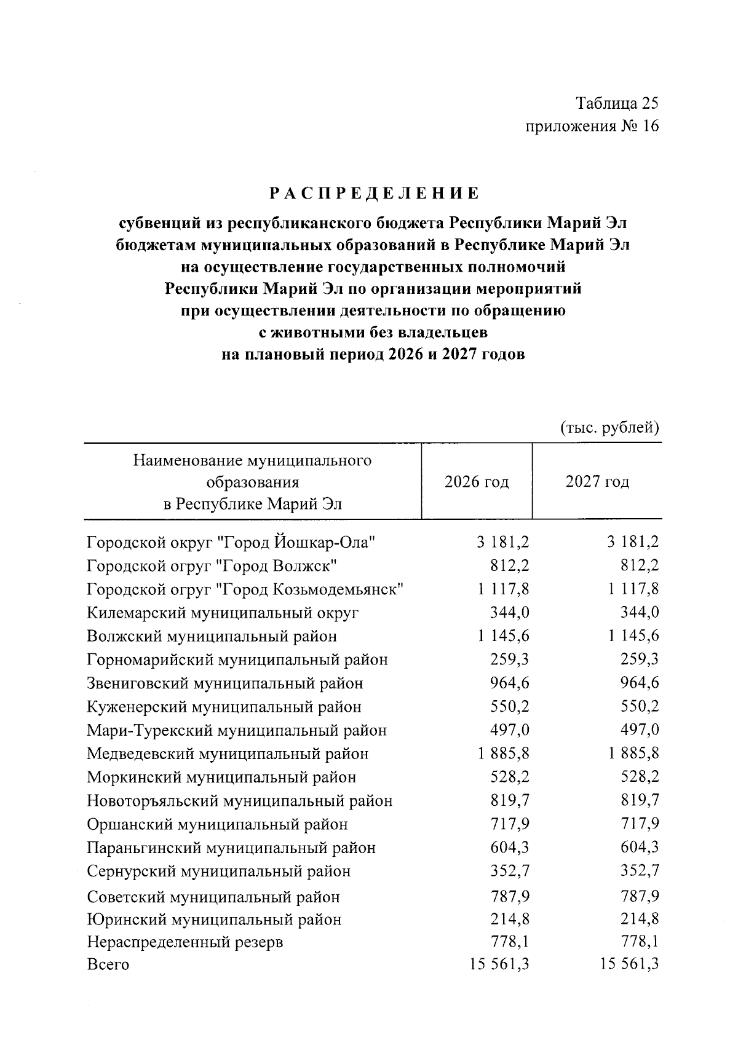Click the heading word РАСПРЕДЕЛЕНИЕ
(373, 194)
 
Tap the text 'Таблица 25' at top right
(617, 103)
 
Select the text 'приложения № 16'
(592, 127)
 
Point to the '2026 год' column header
(477, 482)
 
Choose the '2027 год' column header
(597, 482)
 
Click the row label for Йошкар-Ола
(231, 543)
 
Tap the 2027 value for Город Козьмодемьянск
(633, 589)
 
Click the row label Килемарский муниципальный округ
(223, 613)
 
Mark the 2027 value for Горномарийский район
(639, 659)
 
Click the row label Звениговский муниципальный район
(225, 683)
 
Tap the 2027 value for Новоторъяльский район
(639, 800)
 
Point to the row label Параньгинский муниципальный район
(231, 848)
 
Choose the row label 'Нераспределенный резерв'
(185, 942)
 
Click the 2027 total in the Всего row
(629, 964)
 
